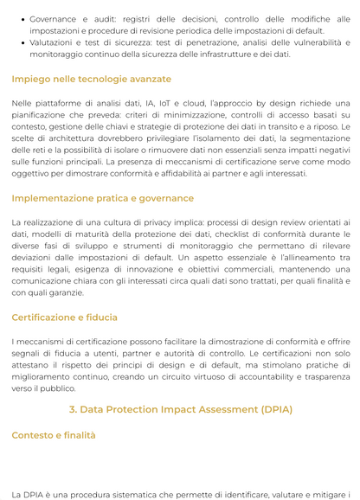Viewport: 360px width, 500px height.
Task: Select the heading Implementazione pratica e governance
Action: point(102,198)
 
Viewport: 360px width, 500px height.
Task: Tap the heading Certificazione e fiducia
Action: point(64,317)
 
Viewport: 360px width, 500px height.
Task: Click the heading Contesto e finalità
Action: point(54,436)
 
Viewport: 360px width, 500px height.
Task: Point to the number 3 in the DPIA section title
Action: point(73,409)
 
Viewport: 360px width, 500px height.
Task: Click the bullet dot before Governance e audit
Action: point(22,18)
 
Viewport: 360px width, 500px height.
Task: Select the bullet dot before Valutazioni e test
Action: point(22,42)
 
